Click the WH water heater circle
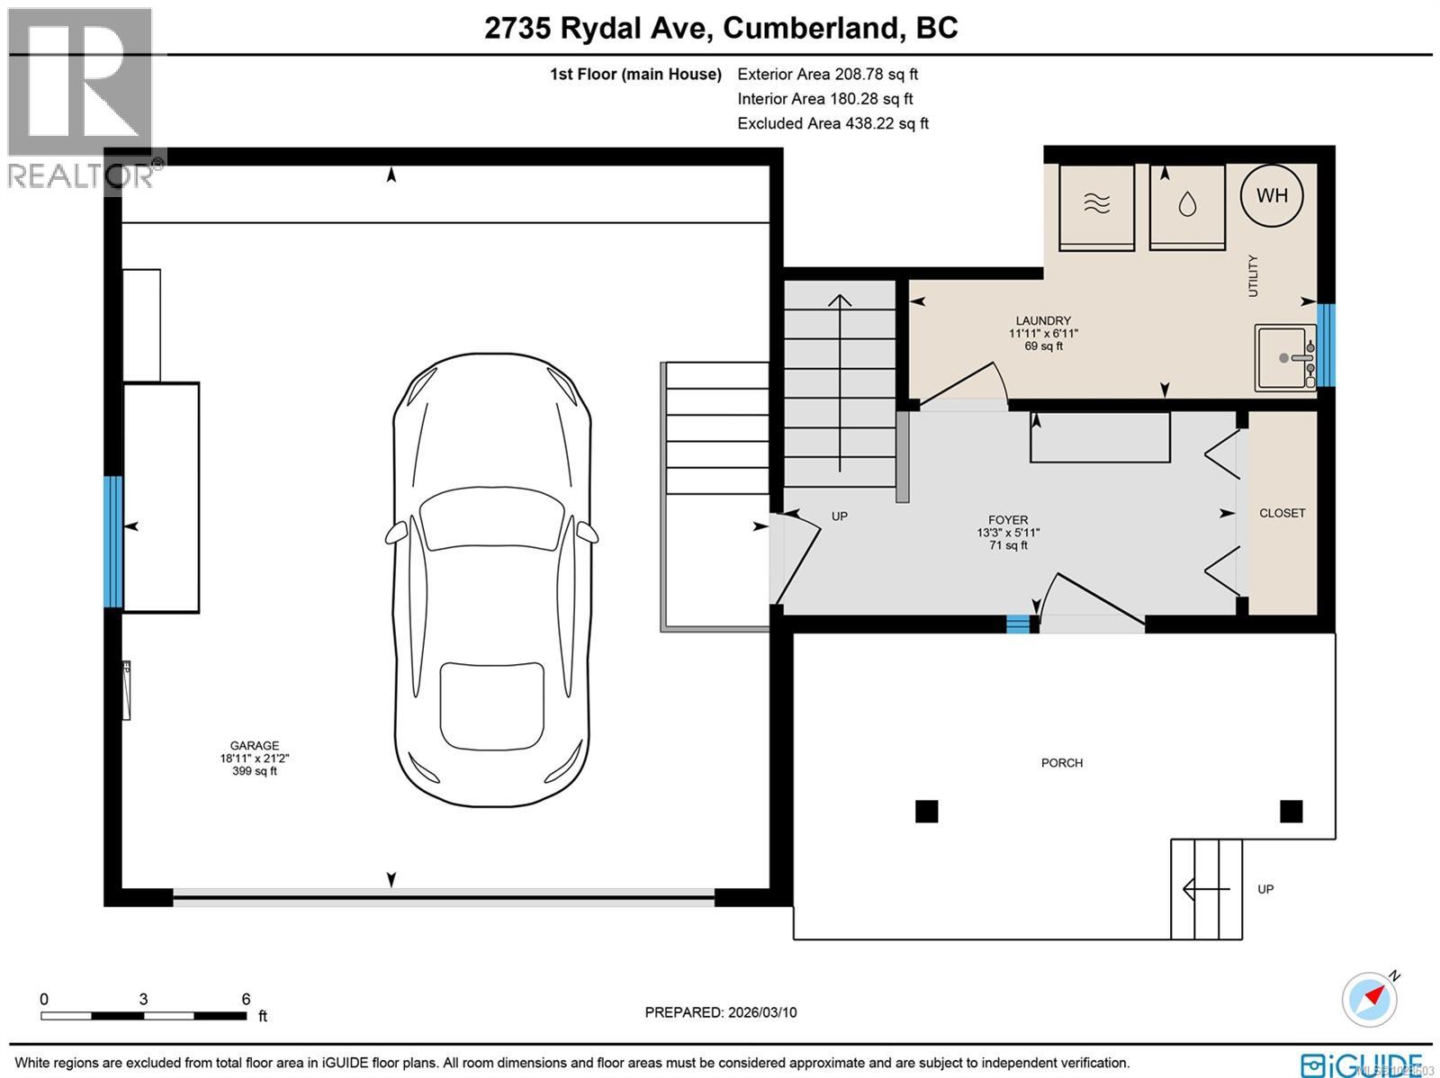pyautogui.click(x=1271, y=195)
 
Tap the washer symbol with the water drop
pyautogui.click(x=1187, y=206)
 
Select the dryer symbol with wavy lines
pyautogui.click(x=1096, y=206)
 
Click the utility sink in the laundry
pyautogui.click(x=1284, y=358)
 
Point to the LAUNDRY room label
pyautogui.click(x=1043, y=321)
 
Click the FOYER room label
pyautogui.click(x=1007, y=520)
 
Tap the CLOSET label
pyautogui.click(x=1282, y=513)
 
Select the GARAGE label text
pyautogui.click(x=255, y=746)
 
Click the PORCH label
pyautogui.click(x=1061, y=763)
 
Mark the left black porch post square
pyautogui.click(x=926, y=812)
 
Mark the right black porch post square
pyautogui.click(x=1291, y=812)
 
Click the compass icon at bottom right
pyautogui.click(x=1369, y=1000)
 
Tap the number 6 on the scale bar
pyautogui.click(x=246, y=999)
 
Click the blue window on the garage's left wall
pyautogui.click(x=112, y=542)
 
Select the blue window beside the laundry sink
pyautogui.click(x=1326, y=345)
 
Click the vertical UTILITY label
pyautogui.click(x=1253, y=276)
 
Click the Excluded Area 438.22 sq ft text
pyautogui.click(x=832, y=123)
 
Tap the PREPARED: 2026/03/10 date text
pyautogui.click(x=720, y=1012)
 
